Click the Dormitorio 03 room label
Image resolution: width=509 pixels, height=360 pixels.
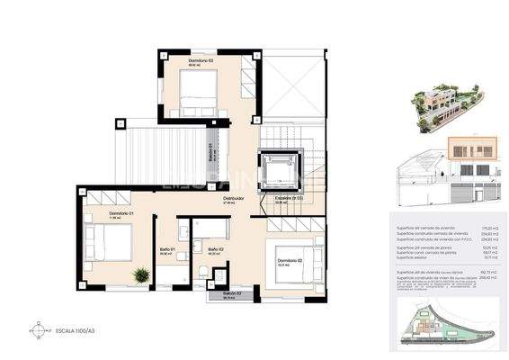pos(201,60)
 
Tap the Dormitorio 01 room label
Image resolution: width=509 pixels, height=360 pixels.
pos(98,214)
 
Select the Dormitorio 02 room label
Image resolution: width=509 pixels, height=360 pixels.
pos(290,261)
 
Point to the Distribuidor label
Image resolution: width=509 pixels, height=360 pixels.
pos(234,199)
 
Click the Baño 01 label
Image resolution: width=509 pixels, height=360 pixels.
pos(166,249)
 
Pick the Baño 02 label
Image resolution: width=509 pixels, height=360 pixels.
pos(215,249)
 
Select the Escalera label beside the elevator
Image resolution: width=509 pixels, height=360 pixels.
pos(288,198)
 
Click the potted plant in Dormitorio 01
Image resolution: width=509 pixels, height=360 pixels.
pos(139,274)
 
